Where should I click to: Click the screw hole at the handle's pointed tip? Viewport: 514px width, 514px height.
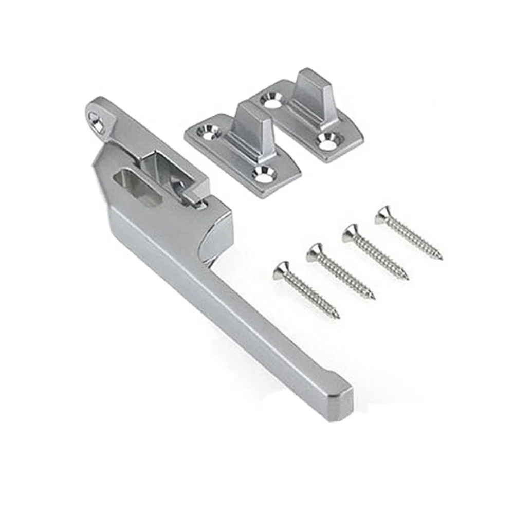[96, 120]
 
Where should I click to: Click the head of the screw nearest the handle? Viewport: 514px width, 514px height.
[281, 268]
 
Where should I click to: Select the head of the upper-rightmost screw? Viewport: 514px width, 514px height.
[383, 214]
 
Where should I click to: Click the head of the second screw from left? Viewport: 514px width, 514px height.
[316, 251]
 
